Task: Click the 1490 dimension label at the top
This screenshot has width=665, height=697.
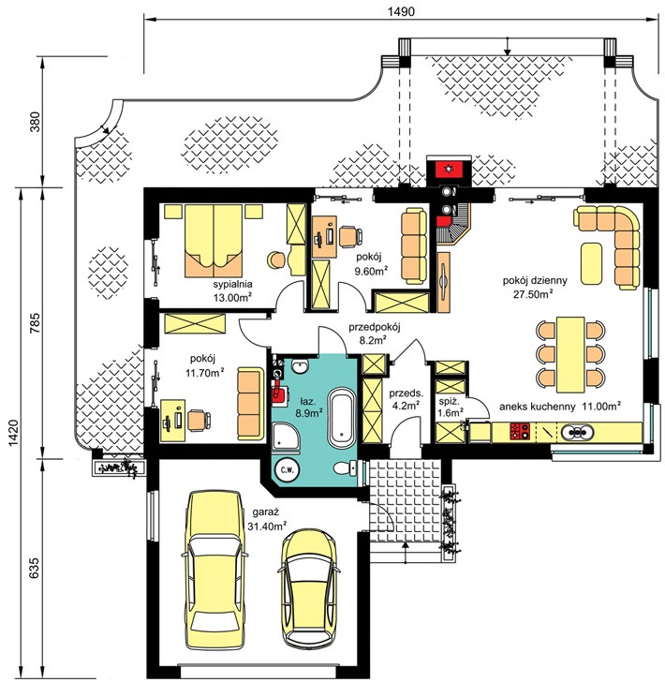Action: coord(401,11)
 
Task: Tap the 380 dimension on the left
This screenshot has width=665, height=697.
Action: coord(35,122)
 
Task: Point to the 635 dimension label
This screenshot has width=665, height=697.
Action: coord(34,568)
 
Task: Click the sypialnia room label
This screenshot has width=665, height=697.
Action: coord(232,285)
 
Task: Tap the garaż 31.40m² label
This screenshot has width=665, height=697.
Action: coord(267,519)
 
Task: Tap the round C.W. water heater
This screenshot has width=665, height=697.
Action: coord(288,470)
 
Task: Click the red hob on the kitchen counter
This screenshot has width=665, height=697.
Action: coord(520,431)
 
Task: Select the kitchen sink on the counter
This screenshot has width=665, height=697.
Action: coord(577,431)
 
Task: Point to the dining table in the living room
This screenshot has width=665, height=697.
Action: coord(569,354)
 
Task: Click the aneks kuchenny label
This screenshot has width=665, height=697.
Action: coord(537,407)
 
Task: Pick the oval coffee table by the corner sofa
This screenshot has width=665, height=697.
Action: coord(591,263)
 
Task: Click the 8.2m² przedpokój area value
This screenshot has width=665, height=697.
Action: coord(372,340)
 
